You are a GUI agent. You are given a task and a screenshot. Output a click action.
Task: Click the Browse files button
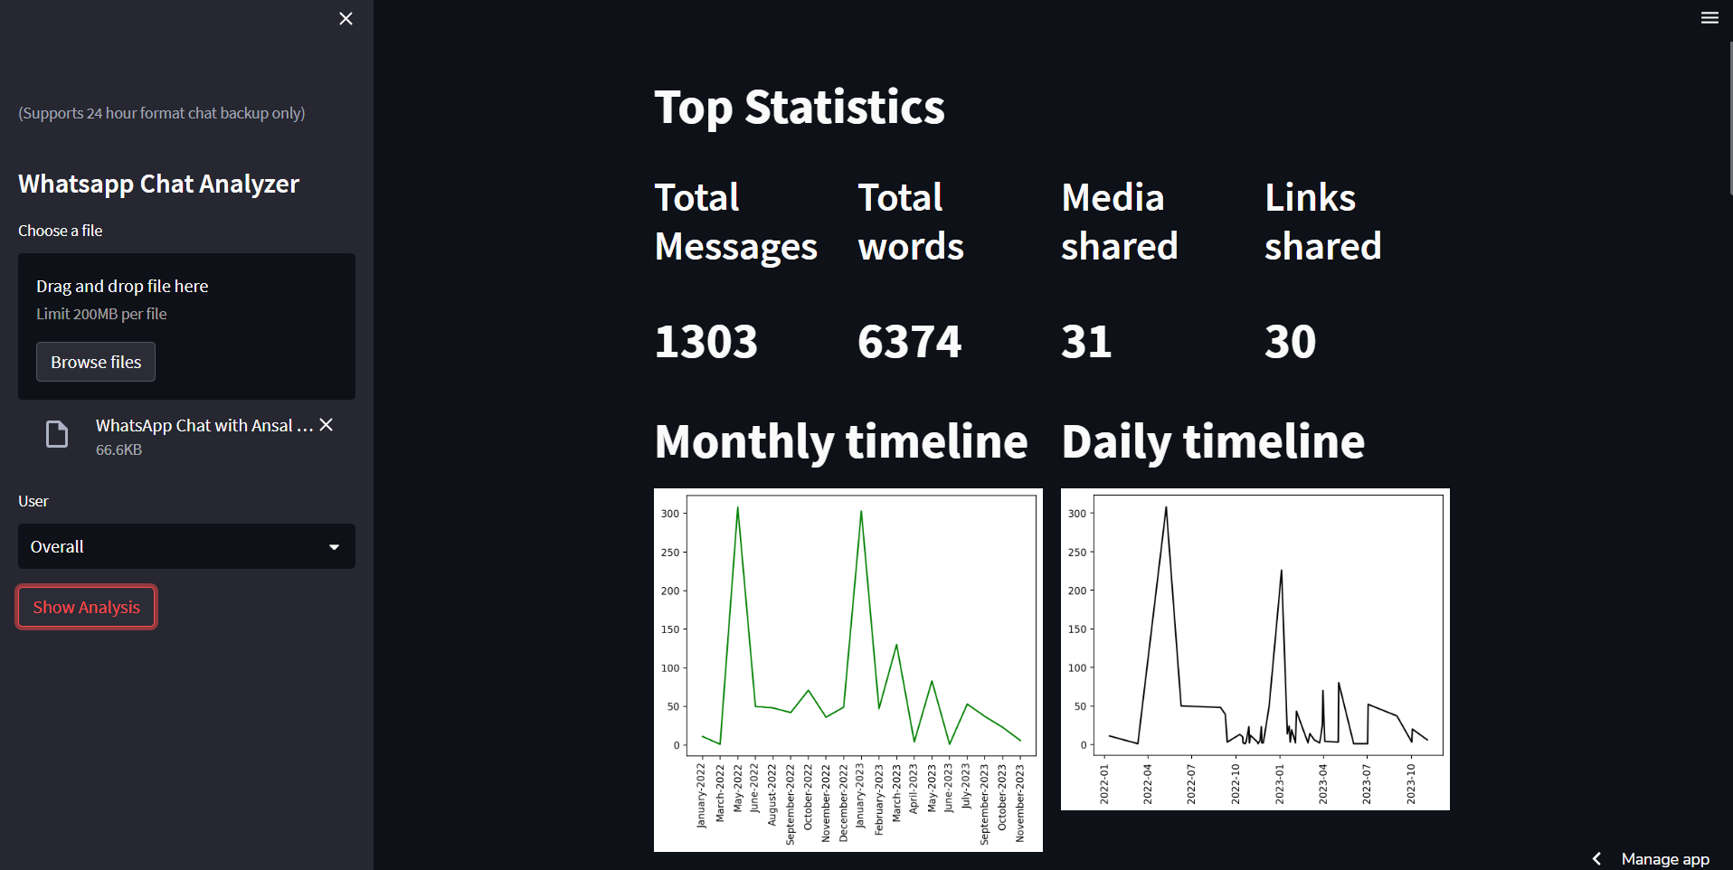coord(96,362)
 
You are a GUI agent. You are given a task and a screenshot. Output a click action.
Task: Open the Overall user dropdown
coord(186,546)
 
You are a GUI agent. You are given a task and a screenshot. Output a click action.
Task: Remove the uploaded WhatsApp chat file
coord(327,425)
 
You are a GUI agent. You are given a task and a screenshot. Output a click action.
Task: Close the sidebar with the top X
coord(346,19)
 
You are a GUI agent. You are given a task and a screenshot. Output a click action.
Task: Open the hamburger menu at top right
coord(1709,18)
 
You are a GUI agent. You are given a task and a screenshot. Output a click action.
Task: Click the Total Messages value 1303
coord(706,342)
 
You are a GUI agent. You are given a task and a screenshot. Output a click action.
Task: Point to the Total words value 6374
coord(909,342)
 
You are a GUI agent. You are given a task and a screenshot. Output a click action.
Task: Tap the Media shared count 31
coord(1085,342)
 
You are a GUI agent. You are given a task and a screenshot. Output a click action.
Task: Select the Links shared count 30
coord(1290,342)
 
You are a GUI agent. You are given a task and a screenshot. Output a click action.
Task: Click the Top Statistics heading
coord(800,108)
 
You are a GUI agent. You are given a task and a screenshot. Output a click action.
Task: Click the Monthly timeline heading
coord(841,441)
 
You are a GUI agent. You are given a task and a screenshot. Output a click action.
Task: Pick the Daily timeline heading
coord(1213,441)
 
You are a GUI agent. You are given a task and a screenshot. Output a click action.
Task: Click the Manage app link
coord(1664,858)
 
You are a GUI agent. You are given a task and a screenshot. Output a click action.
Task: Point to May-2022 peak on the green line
coord(737,508)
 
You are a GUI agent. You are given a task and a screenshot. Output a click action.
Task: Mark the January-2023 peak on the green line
coord(861,512)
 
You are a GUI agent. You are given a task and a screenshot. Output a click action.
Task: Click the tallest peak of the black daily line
coord(1166,507)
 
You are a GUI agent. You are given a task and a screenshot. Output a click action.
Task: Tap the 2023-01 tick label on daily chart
coord(1280,783)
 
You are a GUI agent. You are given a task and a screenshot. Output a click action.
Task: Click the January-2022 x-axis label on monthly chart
coord(701,796)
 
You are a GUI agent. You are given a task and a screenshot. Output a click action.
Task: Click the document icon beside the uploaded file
coord(57,435)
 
